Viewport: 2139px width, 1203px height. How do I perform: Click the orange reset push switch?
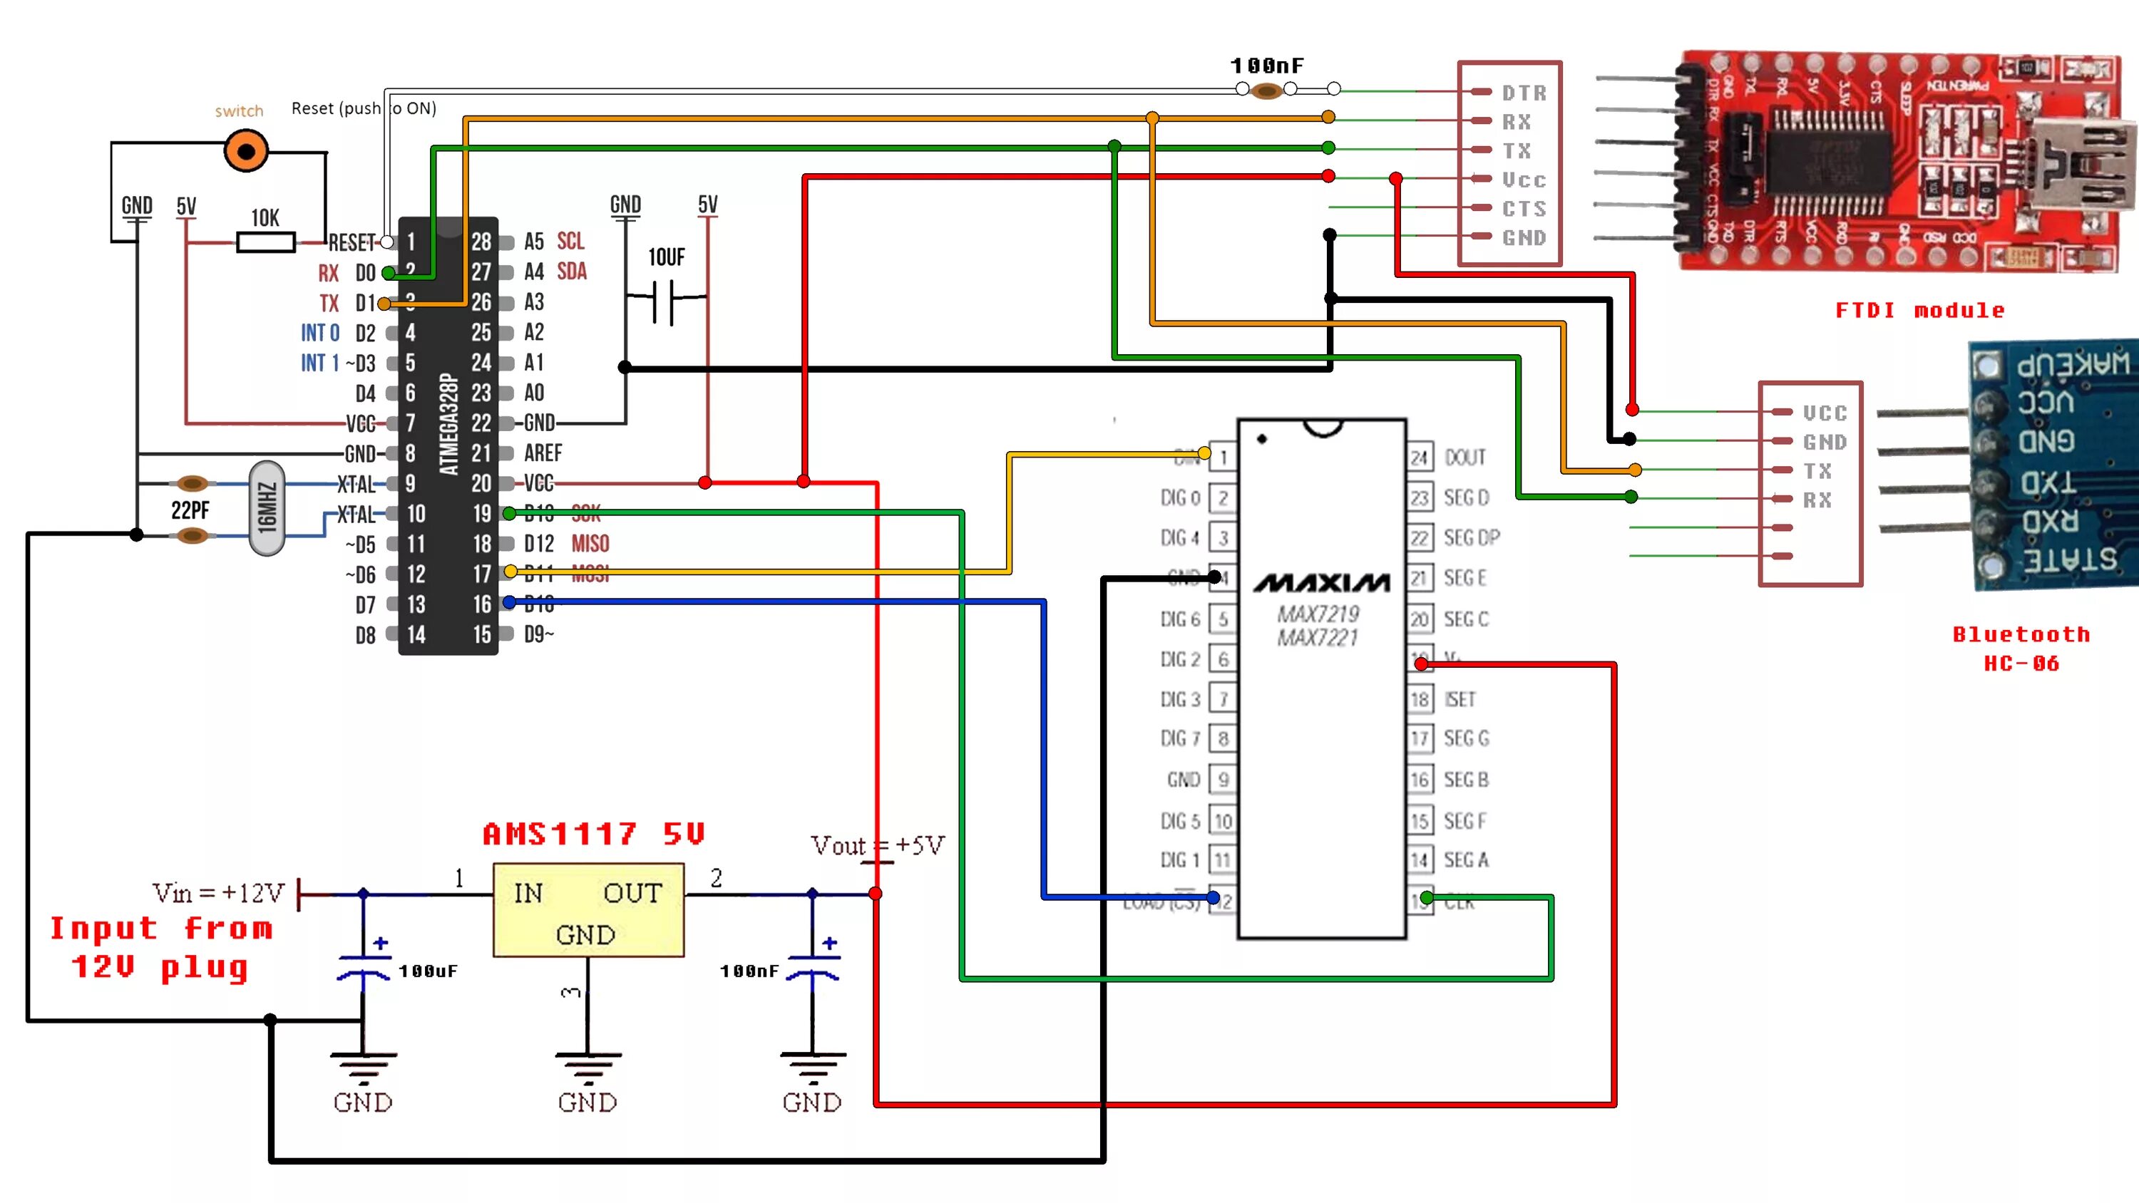click(x=246, y=151)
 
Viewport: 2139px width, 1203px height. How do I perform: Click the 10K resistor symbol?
click(x=266, y=242)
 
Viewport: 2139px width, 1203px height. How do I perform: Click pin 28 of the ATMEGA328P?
click(x=481, y=242)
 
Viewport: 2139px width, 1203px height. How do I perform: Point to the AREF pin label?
click(x=543, y=453)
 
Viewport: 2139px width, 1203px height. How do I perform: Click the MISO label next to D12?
click(x=590, y=544)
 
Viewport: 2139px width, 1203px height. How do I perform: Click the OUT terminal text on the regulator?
click(x=632, y=893)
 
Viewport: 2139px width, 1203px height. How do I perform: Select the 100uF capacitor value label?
click(x=429, y=971)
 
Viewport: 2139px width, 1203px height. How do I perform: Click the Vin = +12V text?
click(x=218, y=893)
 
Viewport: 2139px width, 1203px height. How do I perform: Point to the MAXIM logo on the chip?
click(x=1321, y=584)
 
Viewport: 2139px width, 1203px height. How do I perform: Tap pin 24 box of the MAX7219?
click(x=1419, y=458)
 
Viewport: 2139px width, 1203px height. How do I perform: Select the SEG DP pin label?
click(x=1472, y=538)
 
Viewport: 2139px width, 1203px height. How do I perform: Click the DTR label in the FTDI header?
click(x=1524, y=93)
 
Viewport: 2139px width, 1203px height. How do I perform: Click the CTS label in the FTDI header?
click(x=1524, y=208)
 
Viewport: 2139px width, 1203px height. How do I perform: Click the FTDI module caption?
click(x=1920, y=311)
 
